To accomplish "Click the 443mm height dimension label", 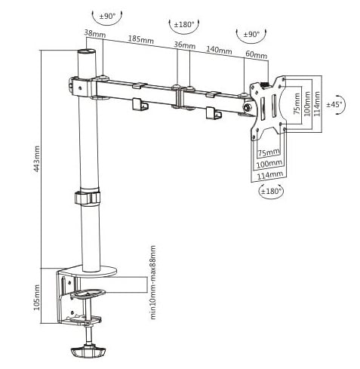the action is click(x=37, y=158).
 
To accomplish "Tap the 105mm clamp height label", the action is click(x=37, y=297).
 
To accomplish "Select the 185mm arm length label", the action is click(x=141, y=39).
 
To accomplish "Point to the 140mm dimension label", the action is click(x=219, y=50).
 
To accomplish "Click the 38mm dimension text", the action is click(x=95, y=33).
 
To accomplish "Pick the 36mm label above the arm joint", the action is click(x=185, y=45).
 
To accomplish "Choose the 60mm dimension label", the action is click(x=257, y=54).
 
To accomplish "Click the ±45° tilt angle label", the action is click(x=334, y=104).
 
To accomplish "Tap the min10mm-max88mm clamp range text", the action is click(x=153, y=282).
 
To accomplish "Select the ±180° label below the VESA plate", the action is click(x=270, y=191).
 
